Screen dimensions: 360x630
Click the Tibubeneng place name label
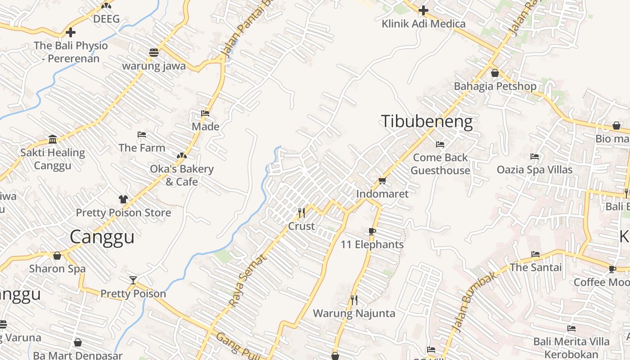coord(427,122)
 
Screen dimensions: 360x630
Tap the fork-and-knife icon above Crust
coord(301,212)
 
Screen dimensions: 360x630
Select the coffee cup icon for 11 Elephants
coord(372,232)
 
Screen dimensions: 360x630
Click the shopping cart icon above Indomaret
coord(382,181)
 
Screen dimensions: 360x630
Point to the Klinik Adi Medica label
coord(423,23)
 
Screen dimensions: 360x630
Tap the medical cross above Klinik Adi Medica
coord(423,10)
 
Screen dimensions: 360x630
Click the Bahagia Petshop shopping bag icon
coord(495,72)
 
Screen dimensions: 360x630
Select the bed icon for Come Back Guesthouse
coord(440,144)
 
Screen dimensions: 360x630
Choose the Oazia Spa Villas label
coord(534,170)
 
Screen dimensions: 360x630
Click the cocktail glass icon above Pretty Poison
coord(133,280)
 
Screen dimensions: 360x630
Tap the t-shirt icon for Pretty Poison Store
coord(123,199)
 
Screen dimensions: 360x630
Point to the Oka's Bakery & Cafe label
coord(181,175)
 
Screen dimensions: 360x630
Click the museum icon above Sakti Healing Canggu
coord(53,139)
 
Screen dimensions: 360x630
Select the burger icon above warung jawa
coord(154,52)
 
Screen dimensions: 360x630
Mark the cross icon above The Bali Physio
coord(71,32)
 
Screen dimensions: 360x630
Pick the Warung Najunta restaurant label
coord(354,313)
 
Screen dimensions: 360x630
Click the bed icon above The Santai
coord(535,254)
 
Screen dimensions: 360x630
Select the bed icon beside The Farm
coord(142,135)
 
